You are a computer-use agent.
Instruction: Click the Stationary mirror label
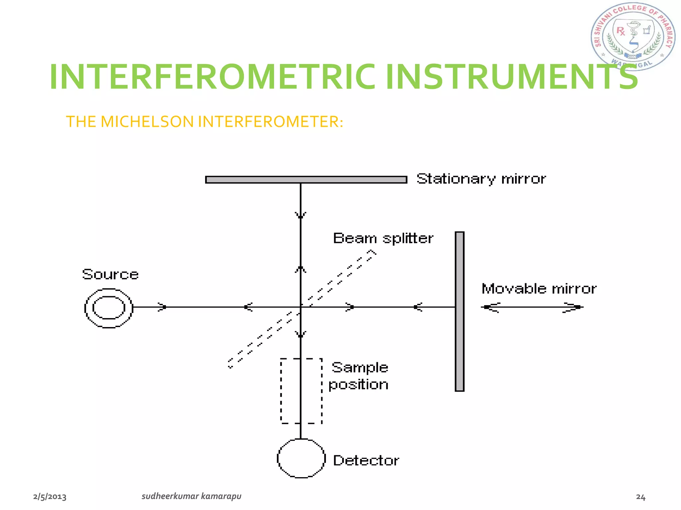pyautogui.click(x=481, y=179)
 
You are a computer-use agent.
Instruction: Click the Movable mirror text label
pyautogui.click(x=539, y=289)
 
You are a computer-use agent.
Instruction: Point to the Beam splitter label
pyautogui.click(x=383, y=238)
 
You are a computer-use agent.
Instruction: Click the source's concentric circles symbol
pyautogui.click(x=109, y=308)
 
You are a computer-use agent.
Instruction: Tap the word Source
pyautogui.click(x=110, y=274)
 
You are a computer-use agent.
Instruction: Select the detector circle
pyautogui.click(x=301, y=458)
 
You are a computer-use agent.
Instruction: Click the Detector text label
pyautogui.click(x=366, y=460)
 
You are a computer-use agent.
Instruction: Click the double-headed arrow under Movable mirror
pyautogui.click(x=532, y=307)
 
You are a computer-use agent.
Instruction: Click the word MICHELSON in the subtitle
pyautogui.click(x=147, y=122)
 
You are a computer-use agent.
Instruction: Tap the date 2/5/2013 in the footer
pyautogui.click(x=50, y=497)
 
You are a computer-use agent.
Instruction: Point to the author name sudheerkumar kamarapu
pyautogui.click(x=191, y=496)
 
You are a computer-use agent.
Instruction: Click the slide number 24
pyautogui.click(x=640, y=497)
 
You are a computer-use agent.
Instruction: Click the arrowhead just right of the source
pyautogui.click(x=162, y=307)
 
